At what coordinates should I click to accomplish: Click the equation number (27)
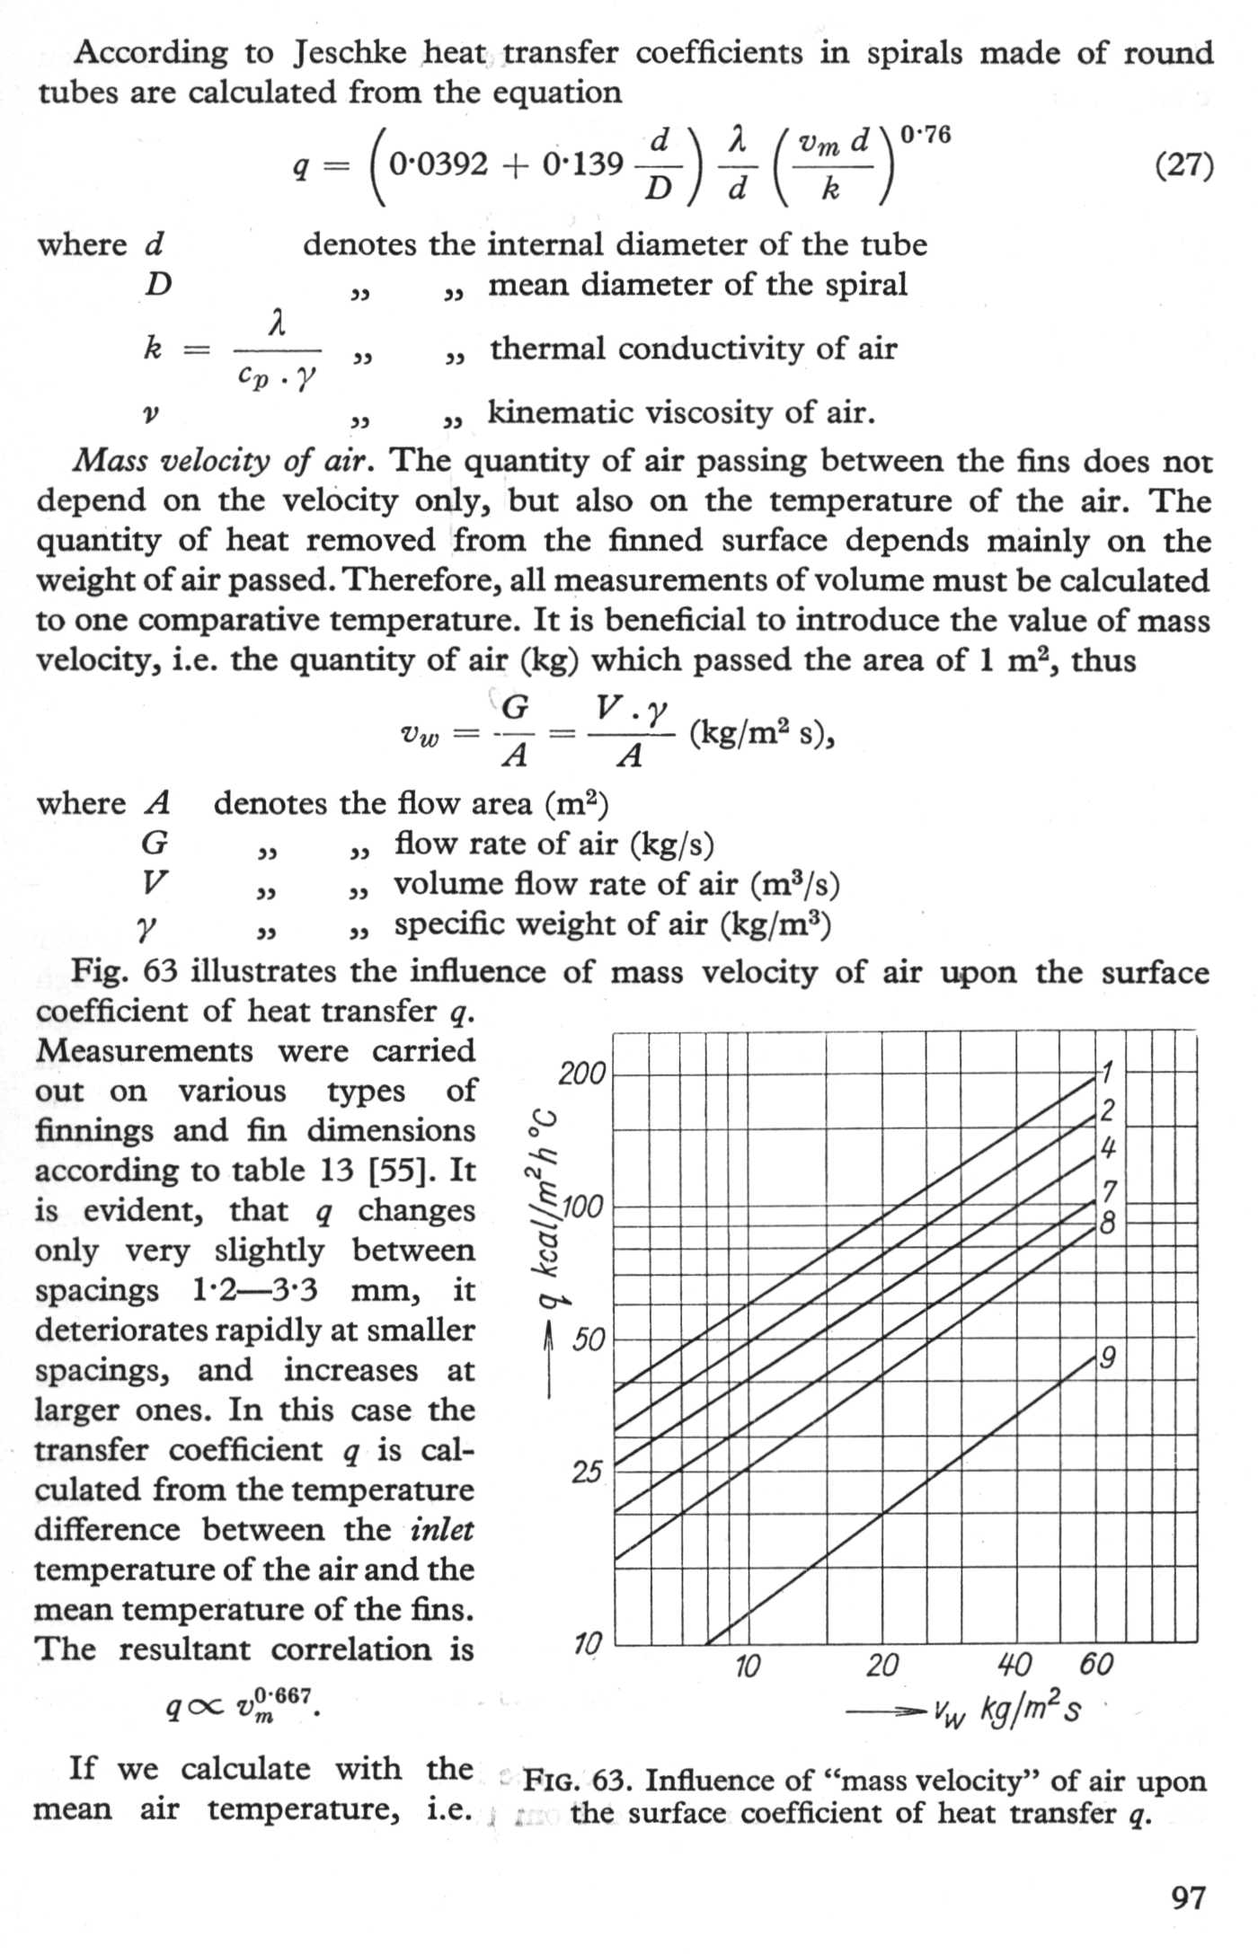[x=1183, y=167]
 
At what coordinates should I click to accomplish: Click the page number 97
[x=1189, y=1897]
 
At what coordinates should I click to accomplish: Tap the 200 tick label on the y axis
[x=582, y=1074]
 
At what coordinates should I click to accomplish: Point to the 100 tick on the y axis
[x=582, y=1208]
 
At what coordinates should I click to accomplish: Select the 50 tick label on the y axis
[x=589, y=1340]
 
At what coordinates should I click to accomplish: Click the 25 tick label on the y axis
[x=586, y=1472]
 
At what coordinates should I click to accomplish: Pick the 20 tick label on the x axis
[x=881, y=1667]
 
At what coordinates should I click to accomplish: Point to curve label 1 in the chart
[x=1107, y=1073]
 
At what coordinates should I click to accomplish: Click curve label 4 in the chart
[x=1109, y=1147]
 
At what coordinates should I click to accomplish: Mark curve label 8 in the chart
[x=1109, y=1223]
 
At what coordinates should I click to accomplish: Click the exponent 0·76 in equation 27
[x=925, y=137]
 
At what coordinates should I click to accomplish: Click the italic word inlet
[x=442, y=1530]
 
